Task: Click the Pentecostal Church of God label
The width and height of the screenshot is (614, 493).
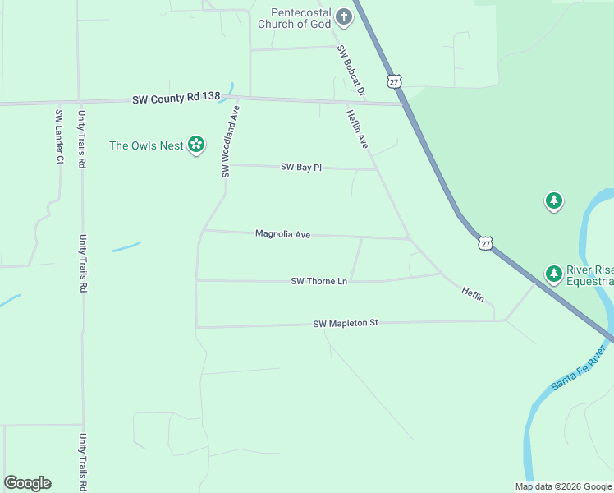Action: click(294, 19)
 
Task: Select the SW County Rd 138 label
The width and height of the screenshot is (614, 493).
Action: click(176, 97)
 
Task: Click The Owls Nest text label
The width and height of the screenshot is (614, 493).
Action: click(146, 145)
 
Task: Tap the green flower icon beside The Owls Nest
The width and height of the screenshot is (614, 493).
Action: click(196, 145)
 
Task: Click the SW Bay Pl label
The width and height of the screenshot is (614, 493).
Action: click(300, 167)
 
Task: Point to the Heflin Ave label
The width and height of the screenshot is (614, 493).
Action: click(357, 129)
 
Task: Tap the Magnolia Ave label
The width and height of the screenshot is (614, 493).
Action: click(282, 234)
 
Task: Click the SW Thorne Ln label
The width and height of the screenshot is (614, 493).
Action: click(319, 281)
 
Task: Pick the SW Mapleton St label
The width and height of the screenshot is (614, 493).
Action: click(345, 324)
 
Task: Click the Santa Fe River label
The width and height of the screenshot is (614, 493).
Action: click(578, 368)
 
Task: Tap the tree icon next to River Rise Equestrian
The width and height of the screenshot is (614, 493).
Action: click(554, 273)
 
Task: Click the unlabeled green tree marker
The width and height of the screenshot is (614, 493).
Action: click(554, 200)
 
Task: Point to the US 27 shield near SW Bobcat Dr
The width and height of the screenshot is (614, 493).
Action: click(395, 81)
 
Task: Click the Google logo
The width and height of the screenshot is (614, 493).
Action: click(27, 483)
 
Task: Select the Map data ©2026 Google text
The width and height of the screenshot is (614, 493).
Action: click(563, 486)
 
